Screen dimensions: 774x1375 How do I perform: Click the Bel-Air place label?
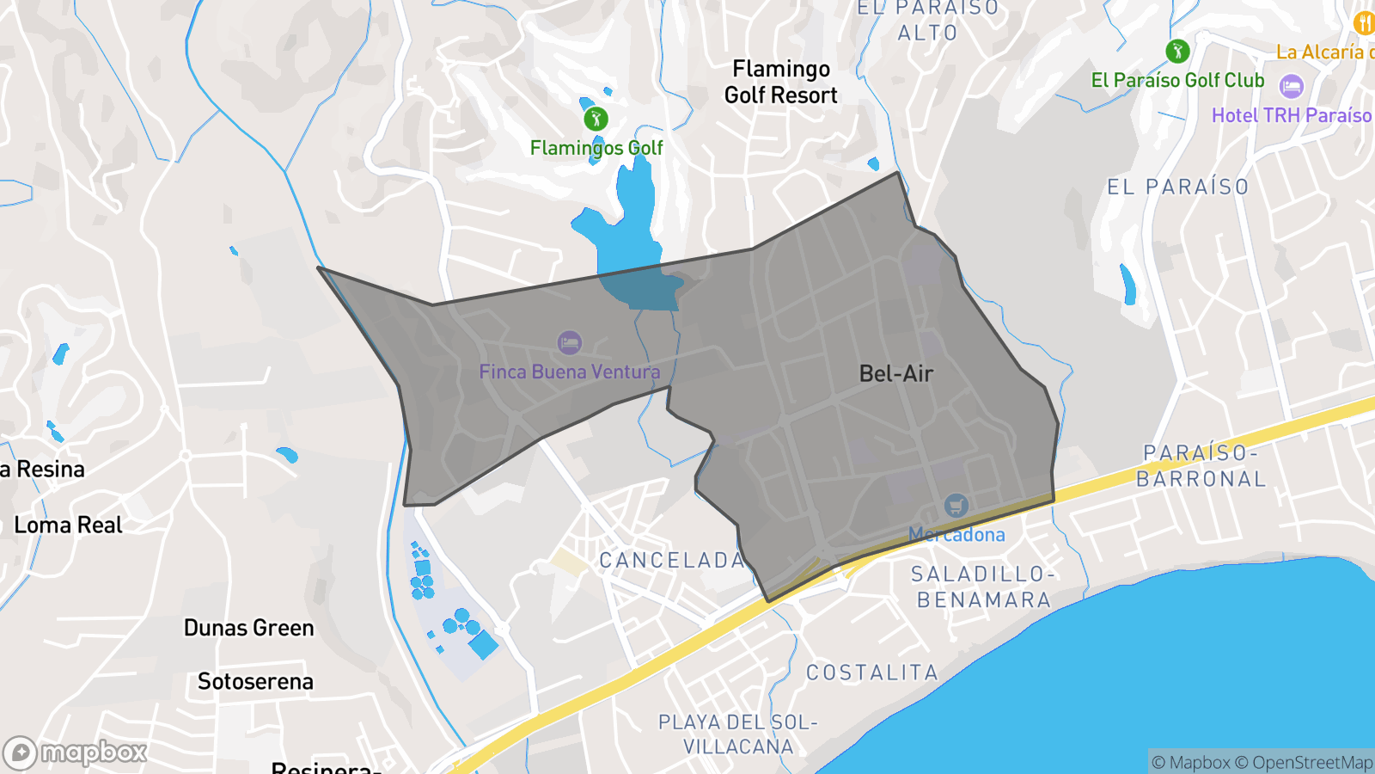point(896,373)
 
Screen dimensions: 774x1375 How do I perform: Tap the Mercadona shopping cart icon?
point(956,506)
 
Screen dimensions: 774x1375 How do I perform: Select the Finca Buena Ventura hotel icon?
point(569,343)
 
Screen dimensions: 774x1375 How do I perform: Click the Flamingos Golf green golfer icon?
point(596,119)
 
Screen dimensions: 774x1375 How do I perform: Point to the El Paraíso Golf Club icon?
point(1177,52)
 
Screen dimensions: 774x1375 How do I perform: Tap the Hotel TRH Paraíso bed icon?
point(1292,86)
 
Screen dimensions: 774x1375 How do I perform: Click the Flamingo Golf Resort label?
point(780,82)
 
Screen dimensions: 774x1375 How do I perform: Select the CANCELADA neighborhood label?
point(672,561)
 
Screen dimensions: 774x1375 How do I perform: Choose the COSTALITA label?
point(871,673)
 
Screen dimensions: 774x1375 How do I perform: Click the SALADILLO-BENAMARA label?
point(983,587)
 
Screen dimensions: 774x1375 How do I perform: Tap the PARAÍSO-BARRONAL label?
point(1201,465)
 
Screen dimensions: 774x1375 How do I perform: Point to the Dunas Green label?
point(249,628)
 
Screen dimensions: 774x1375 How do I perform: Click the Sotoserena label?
point(255,681)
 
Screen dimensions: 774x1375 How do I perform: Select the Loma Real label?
point(69,525)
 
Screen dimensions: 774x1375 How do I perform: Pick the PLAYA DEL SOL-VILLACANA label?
point(738,734)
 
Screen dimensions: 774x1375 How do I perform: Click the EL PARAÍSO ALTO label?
point(928,21)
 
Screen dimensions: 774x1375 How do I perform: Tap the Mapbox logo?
point(76,753)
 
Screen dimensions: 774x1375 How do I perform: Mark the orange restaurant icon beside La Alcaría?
point(1364,23)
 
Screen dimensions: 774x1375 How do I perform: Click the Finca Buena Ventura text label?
point(570,372)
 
